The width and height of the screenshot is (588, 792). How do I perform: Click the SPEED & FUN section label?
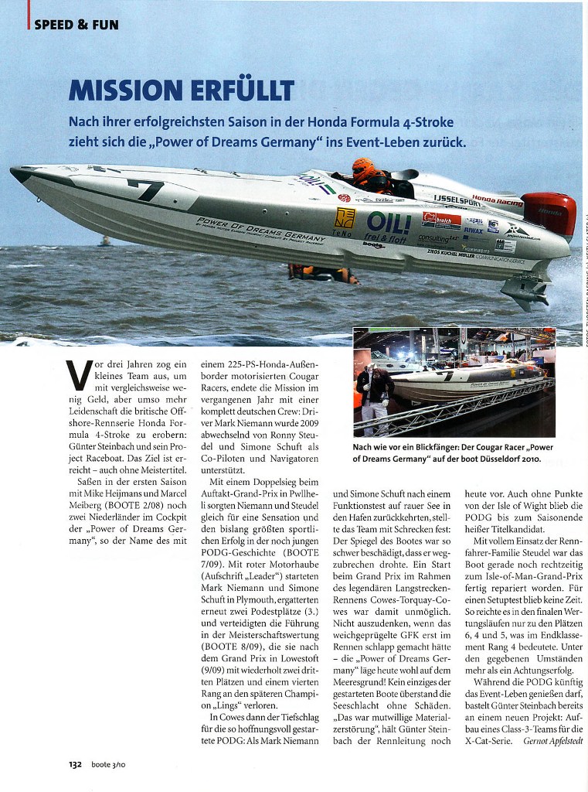(x=76, y=25)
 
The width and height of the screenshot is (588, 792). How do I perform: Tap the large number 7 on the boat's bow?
(x=146, y=189)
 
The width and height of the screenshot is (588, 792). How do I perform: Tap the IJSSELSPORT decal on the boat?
(x=458, y=200)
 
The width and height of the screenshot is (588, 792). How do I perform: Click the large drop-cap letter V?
(x=76, y=374)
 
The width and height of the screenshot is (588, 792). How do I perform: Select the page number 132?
(x=74, y=764)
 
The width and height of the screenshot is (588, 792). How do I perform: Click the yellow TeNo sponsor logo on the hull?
(x=344, y=219)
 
